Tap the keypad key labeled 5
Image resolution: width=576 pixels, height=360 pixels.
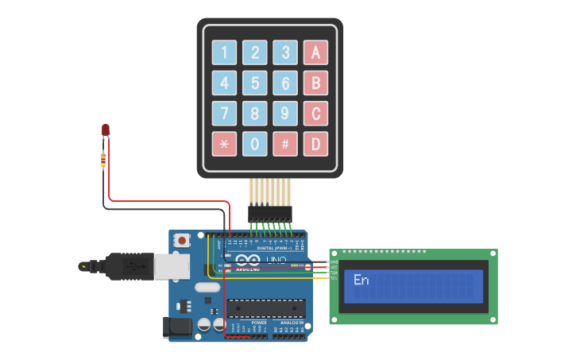click(254, 83)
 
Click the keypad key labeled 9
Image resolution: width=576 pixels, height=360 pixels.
click(285, 113)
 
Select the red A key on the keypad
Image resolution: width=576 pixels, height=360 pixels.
click(315, 52)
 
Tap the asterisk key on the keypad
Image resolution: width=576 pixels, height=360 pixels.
click(224, 144)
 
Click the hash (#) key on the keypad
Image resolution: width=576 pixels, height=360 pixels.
click(285, 144)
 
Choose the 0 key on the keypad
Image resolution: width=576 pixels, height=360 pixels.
click(254, 144)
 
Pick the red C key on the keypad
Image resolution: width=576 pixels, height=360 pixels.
click(315, 113)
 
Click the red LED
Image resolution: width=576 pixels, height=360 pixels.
click(105, 130)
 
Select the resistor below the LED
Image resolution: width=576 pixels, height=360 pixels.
click(104, 159)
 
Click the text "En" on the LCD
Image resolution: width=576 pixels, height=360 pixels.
click(361, 280)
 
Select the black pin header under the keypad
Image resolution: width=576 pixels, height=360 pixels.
click(269, 213)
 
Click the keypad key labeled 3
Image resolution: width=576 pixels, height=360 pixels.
click(285, 52)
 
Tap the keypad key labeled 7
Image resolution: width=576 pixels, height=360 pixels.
click(224, 113)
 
